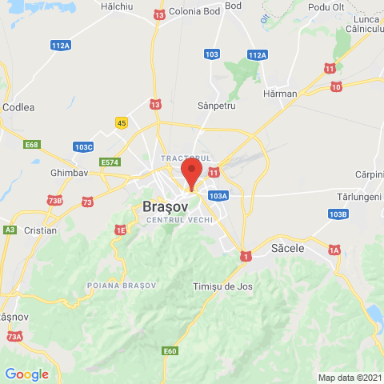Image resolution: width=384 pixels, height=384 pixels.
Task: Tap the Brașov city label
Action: point(166,206)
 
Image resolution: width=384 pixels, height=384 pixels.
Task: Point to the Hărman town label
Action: point(281,94)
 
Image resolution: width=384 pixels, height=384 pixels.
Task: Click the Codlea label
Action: point(18,106)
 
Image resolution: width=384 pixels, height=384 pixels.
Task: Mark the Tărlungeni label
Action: point(360,197)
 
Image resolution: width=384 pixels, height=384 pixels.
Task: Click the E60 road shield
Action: point(170,350)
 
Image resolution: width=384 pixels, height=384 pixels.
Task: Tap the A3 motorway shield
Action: point(10,230)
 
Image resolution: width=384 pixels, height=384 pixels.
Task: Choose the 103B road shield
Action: point(338,214)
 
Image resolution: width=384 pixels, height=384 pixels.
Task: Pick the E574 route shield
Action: point(110,162)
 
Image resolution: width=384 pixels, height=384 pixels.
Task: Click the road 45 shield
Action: point(122,122)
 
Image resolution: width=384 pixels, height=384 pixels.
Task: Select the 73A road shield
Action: point(14,338)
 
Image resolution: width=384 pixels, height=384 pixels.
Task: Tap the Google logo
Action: point(26,374)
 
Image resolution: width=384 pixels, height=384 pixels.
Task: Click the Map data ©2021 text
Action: point(350,378)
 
